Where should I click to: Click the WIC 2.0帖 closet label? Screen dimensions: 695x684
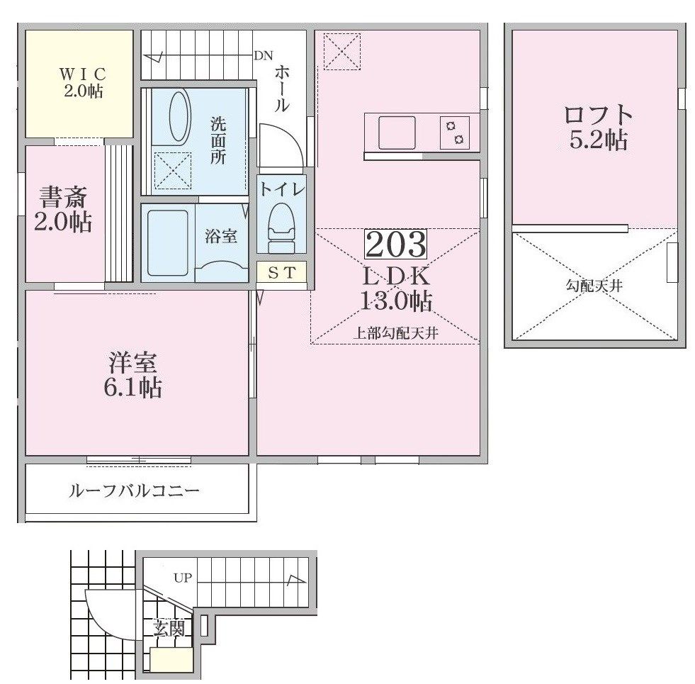point(84,82)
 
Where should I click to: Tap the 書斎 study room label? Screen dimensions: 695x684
point(63,197)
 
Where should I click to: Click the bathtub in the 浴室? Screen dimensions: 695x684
point(167,243)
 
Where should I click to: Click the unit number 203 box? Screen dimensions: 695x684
point(395,244)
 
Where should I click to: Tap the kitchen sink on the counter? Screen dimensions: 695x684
point(397,133)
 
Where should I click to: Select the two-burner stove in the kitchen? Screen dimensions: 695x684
point(455,133)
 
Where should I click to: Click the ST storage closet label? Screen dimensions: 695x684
point(281,273)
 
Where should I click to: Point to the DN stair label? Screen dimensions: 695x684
point(264,56)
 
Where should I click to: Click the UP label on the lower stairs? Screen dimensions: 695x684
point(183,578)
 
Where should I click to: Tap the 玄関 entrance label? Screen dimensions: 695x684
point(169,629)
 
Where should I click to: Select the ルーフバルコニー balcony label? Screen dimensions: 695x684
point(134,491)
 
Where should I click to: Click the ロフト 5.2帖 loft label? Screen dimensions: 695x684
point(599,128)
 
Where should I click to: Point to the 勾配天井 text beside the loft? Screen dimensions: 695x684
point(594,286)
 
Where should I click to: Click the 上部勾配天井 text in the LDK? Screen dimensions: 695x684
point(396,332)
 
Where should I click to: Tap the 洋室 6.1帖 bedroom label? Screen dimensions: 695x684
point(132,375)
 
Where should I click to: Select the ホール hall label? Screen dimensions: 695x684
point(281,89)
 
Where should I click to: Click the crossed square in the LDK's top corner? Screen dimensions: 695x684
point(342,52)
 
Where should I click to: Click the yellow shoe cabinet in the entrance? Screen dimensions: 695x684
point(171,661)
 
